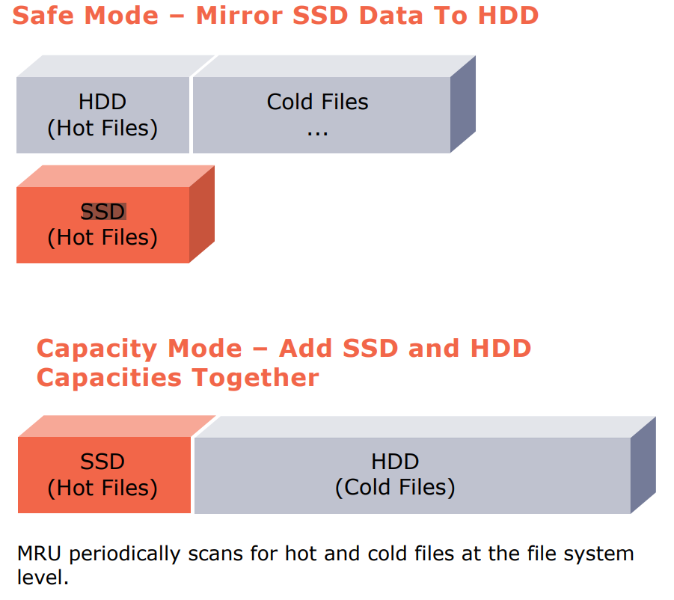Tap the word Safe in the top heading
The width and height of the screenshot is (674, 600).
43,16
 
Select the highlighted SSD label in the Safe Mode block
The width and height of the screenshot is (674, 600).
103,212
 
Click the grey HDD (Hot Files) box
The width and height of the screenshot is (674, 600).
102,115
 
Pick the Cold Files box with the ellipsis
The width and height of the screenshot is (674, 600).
322,115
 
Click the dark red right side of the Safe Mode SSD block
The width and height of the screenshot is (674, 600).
202,214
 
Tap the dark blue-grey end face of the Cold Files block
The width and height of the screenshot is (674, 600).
463,104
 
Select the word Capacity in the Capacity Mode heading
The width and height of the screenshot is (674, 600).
96,349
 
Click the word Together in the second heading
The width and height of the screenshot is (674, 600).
255,378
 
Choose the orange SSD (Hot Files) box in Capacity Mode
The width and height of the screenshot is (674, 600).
104,475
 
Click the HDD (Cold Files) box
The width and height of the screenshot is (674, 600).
413,475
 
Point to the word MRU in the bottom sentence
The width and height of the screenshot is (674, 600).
39,554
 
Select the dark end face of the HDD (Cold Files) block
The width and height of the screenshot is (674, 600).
643,465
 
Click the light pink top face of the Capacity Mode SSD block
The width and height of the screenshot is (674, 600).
117,426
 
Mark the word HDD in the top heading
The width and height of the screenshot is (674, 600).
508,16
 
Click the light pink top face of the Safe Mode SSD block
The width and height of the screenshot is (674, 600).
116,177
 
